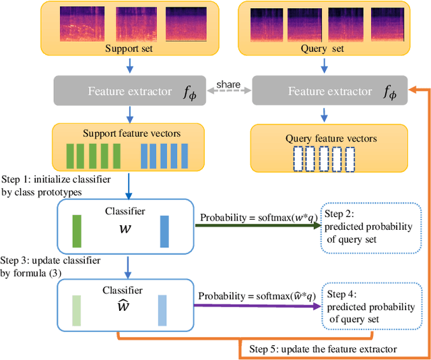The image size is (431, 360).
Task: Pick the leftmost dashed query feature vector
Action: [x=297, y=159]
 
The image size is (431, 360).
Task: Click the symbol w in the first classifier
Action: [x=125, y=228]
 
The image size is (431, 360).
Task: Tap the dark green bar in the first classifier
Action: [x=77, y=231]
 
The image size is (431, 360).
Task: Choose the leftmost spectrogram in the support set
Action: [x=81, y=24]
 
